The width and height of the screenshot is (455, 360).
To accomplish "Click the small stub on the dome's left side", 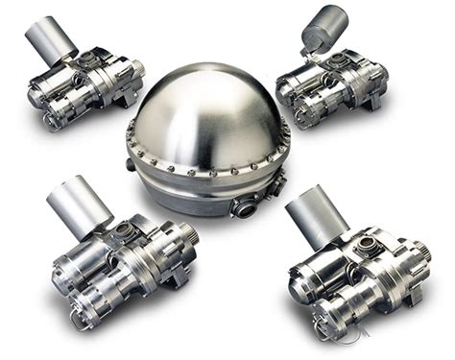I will (129, 164).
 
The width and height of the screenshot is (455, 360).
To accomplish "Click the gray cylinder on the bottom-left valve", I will (77, 204).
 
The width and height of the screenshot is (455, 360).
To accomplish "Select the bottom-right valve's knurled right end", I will (421, 252).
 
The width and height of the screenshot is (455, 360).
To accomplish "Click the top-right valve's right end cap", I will (381, 73).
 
